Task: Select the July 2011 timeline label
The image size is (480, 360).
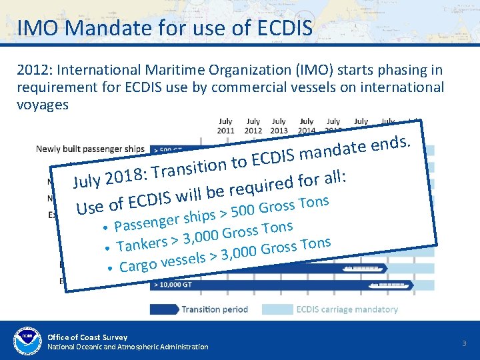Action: [226, 126]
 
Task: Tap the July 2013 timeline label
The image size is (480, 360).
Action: [280, 126]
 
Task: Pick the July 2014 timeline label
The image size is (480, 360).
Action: [307, 126]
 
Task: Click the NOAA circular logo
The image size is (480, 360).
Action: [27, 340]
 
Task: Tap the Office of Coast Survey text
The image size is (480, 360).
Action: [87, 337]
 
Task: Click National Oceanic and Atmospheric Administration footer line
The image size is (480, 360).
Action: [127, 347]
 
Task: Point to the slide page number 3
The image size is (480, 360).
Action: [464, 343]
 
